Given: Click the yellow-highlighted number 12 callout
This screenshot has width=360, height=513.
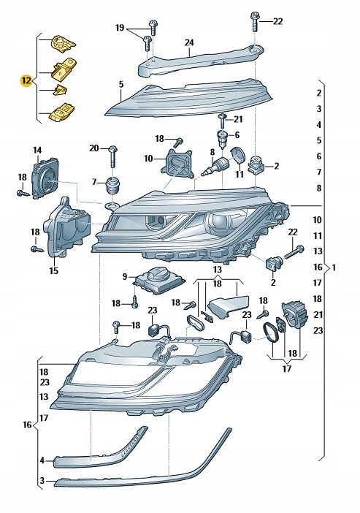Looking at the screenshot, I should [x=26, y=80].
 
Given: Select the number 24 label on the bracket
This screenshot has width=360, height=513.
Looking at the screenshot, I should [x=189, y=44].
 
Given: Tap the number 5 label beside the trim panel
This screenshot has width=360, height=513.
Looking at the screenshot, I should [x=121, y=85].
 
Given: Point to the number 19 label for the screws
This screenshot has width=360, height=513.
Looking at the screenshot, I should [x=120, y=28].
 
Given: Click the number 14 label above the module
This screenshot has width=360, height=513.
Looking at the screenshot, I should [x=37, y=151].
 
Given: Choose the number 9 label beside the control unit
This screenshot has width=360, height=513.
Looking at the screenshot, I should [x=124, y=277].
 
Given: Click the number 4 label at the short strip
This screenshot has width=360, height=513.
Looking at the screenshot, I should [x=42, y=460].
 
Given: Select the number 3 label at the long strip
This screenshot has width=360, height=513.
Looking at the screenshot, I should [x=42, y=482].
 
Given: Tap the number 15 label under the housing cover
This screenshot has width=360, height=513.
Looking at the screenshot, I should [x=53, y=270].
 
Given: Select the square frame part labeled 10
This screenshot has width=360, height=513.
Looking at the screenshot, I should [x=179, y=164].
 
